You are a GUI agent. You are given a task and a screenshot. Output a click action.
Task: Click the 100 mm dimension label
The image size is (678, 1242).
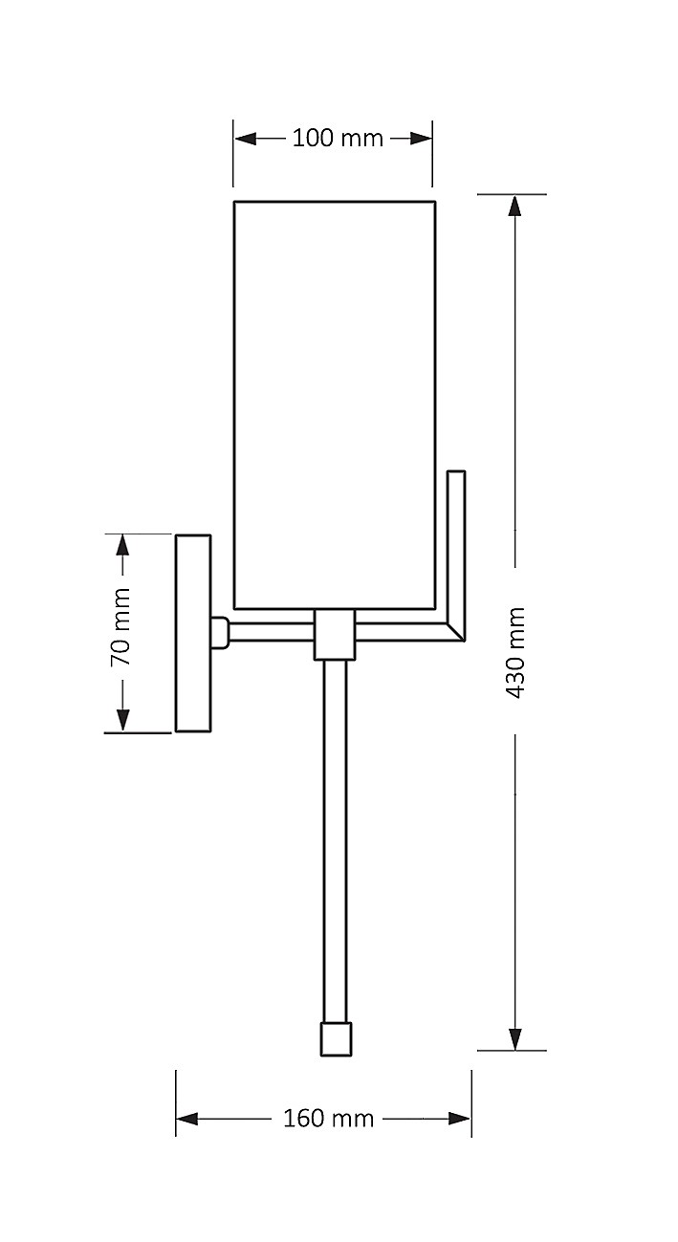tap(337, 139)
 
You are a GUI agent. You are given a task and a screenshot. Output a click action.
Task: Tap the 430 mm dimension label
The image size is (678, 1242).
tap(515, 651)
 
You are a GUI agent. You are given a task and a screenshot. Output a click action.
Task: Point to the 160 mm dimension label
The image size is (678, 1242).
tap(328, 1118)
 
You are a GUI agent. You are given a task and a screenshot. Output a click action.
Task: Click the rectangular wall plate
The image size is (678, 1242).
tap(192, 633)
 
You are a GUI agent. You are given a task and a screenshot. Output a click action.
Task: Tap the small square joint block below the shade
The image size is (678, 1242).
tap(335, 634)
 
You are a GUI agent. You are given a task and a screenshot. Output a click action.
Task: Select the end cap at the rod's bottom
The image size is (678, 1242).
tap(335, 1039)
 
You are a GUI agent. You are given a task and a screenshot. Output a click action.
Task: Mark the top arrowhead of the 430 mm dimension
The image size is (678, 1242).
tap(515, 207)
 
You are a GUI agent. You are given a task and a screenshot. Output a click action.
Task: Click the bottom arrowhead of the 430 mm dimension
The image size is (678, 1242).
tap(515, 1038)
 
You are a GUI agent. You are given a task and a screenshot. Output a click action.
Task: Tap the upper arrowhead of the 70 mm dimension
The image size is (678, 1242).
tap(121, 545)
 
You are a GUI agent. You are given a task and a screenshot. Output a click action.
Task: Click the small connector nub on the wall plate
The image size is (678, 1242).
tap(219, 632)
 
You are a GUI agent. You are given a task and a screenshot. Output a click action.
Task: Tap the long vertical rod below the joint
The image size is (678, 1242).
tap(335, 841)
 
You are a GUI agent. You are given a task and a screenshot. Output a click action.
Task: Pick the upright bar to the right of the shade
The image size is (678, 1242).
tap(456, 545)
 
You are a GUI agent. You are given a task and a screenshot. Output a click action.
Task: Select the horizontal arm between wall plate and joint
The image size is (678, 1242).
tap(272, 632)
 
